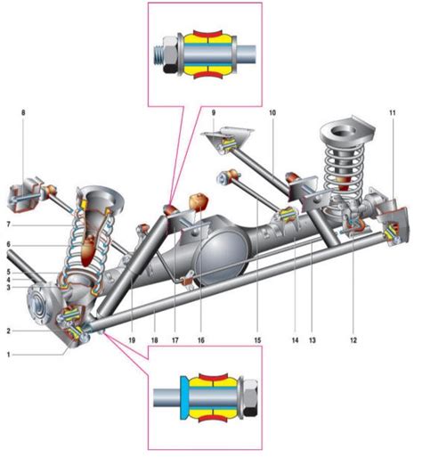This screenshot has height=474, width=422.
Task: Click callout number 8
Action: [x=23, y=113]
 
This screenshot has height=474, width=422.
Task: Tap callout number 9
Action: [x=214, y=113]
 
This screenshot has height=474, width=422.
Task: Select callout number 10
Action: [x=272, y=113]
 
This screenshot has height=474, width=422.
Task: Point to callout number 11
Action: [x=393, y=113]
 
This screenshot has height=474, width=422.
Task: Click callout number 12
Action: [x=353, y=340]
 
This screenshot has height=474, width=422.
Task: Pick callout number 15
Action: [x=257, y=340]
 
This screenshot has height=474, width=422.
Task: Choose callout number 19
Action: [x=132, y=340]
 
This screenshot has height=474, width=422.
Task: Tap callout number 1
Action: [x=9, y=355]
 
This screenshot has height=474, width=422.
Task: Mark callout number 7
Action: [x=9, y=225]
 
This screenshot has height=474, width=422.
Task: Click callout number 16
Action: [x=201, y=340]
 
